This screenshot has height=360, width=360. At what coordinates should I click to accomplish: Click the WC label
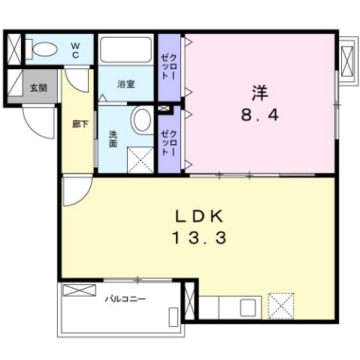click(x=76, y=49)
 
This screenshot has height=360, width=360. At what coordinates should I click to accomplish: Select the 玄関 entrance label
click(x=38, y=87)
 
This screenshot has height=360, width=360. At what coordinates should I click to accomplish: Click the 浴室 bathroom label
click(x=126, y=84)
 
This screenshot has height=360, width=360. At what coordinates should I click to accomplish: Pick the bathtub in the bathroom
click(x=127, y=52)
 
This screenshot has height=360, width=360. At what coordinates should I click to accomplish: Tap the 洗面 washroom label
click(x=113, y=138)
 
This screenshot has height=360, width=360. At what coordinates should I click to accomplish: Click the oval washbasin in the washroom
click(x=141, y=120)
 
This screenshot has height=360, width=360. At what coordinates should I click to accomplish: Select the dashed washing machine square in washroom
click(x=140, y=159)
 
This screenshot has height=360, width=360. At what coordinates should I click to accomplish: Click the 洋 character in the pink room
click(x=259, y=93)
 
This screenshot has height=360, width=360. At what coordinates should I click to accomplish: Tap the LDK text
click(x=200, y=216)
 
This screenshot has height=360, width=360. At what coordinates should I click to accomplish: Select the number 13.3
click(x=200, y=240)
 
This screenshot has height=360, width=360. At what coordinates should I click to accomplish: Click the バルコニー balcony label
click(x=125, y=298)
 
